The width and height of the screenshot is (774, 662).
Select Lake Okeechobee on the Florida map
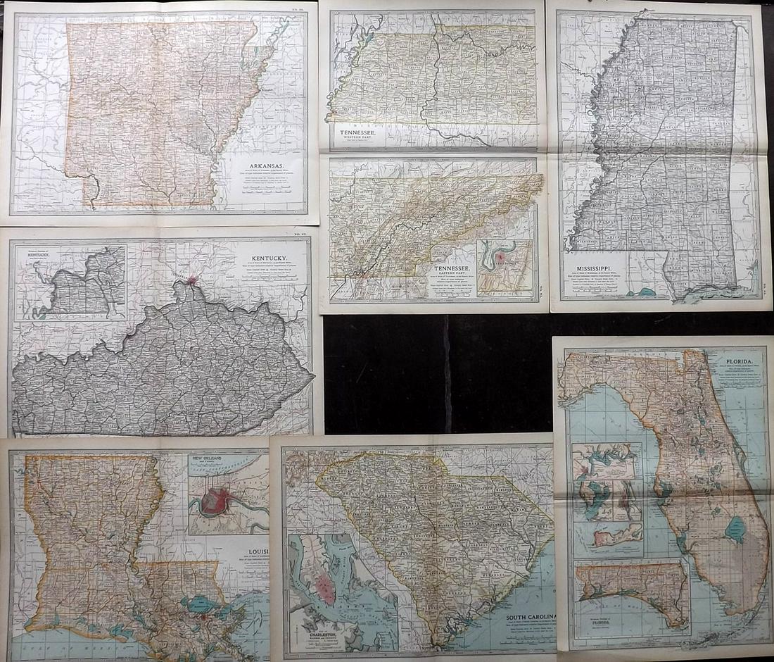(x=735, y=529)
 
